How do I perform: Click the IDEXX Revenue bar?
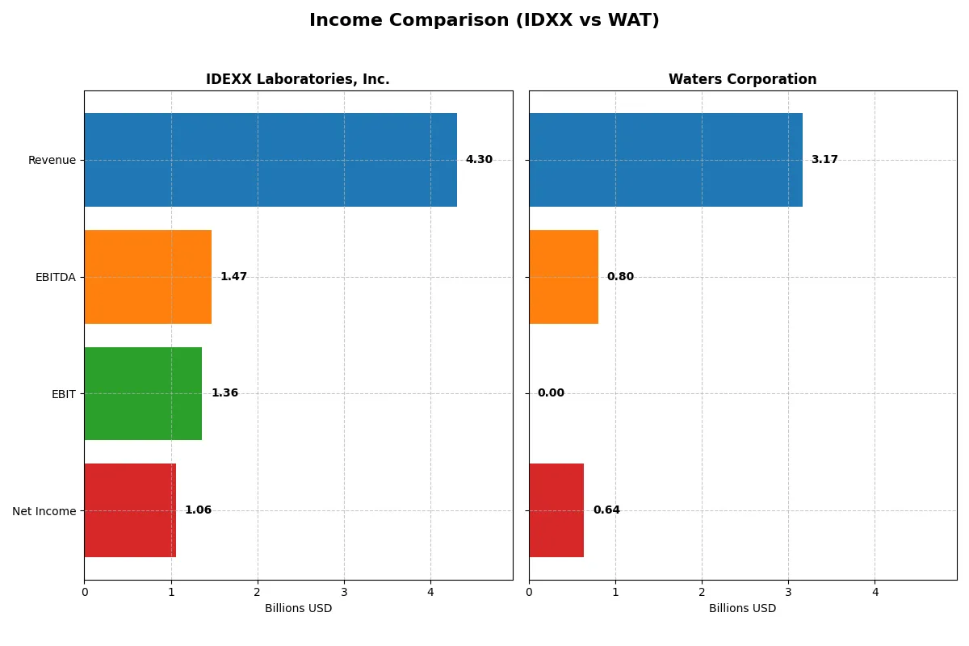pyautogui.click(x=271, y=160)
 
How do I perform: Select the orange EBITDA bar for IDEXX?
pyautogui.click(x=148, y=277)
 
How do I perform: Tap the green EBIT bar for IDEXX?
pyautogui.click(x=143, y=393)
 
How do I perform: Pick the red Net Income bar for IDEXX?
pyautogui.click(x=130, y=510)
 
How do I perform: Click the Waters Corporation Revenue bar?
pyautogui.click(x=665, y=160)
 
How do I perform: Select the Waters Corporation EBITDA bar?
pyautogui.click(x=564, y=277)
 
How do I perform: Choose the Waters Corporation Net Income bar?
pyautogui.click(x=556, y=510)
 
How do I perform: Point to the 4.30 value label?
pyautogui.click(x=479, y=160)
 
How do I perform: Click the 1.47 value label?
pyautogui.click(x=233, y=277)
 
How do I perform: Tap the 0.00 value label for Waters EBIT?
pyautogui.click(x=551, y=393)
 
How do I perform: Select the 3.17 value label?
pyautogui.click(x=824, y=160)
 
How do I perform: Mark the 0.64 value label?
pyautogui.click(x=606, y=510)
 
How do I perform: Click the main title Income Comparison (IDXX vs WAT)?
pyautogui.click(x=484, y=21)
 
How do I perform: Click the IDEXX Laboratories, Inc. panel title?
pyautogui.click(x=298, y=80)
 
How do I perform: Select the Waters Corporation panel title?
pyautogui.click(x=742, y=80)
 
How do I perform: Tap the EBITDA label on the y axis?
pyautogui.click(x=55, y=277)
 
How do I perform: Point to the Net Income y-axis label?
pyautogui.click(x=44, y=510)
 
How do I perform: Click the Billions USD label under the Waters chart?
pyautogui.click(x=742, y=609)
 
